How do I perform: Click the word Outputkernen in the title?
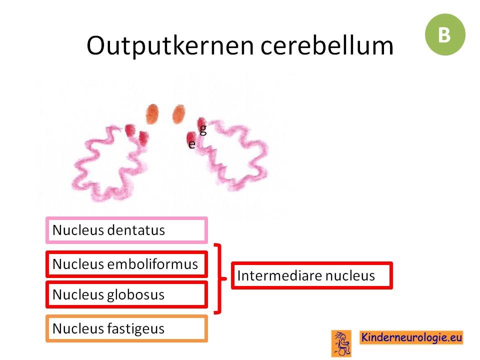[x=170, y=45]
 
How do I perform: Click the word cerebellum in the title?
[x=327, y=45]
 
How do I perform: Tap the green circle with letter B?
[x=445, y=34]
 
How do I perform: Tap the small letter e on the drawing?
[x=192, y=144]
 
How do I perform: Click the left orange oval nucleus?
[x=152, y=114]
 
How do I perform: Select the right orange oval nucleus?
[x=179, y=114]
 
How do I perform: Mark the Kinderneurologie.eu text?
[x=411, y=337]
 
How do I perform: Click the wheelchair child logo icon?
[x=341, y=343]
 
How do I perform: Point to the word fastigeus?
[x=136, y=329]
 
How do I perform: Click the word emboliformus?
[x=152, y=264]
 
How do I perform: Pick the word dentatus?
[x=136, y=230]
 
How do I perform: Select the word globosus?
[x=136, y=295]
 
